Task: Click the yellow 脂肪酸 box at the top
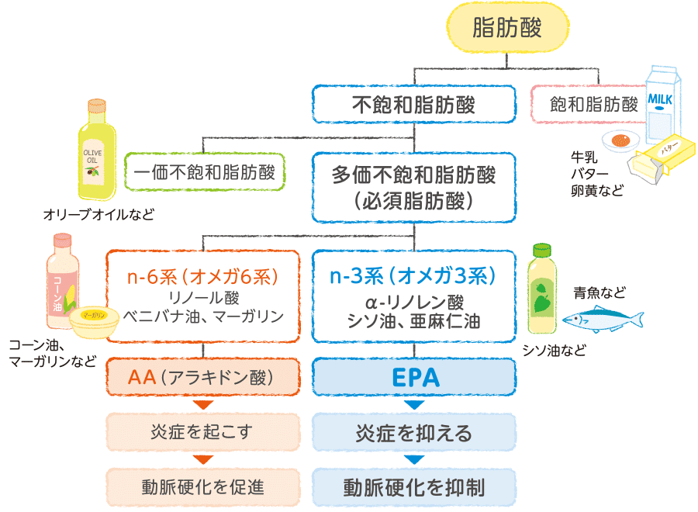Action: coord(507,29)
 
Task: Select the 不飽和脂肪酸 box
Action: coord(413,104)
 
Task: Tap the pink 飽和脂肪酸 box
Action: coord(593,104)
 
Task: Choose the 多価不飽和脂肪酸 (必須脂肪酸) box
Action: coord(413,187)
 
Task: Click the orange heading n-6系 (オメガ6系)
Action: coord(202,276)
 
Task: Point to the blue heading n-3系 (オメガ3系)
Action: coord(413,276)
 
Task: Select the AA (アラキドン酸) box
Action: coord(202,378)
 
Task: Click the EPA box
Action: coord(413,378)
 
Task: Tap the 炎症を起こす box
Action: coord(202,432)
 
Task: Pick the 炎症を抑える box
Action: coord(413,432)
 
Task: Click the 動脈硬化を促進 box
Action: coord(202,487)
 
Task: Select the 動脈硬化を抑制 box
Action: coord(413,487)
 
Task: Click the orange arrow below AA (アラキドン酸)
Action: coord(202,405)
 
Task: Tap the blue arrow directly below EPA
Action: coord(413,405)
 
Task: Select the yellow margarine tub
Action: coord(92,320)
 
